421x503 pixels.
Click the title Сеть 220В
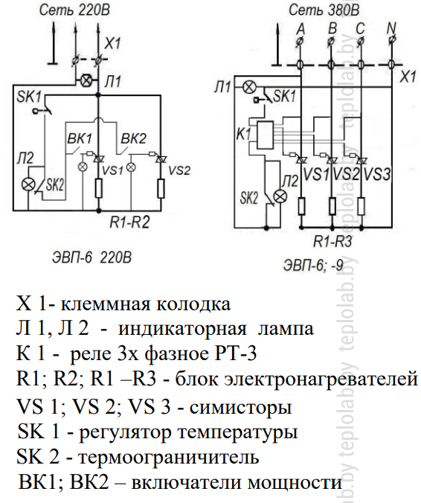74,10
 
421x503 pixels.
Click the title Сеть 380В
324,10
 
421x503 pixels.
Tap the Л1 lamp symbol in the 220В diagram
86,80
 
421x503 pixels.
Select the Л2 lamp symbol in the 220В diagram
28,185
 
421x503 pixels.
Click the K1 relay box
266,135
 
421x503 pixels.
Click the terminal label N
391,28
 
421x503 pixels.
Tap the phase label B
332,28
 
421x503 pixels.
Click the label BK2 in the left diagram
133,138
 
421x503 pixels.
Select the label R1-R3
332,241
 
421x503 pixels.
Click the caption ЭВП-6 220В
91,257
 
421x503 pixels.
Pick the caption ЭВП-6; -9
313,266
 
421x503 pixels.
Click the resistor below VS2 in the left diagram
161,189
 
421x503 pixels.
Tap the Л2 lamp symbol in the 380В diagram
281,196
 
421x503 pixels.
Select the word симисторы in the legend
240,408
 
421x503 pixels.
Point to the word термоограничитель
168,457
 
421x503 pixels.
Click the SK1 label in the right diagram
284,95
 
